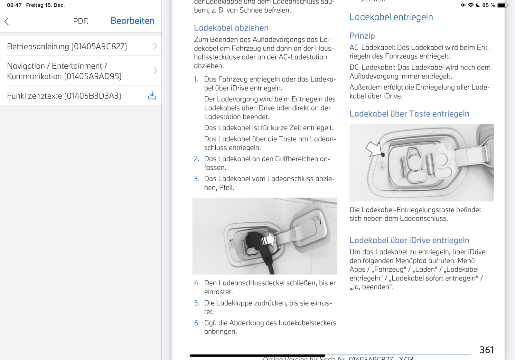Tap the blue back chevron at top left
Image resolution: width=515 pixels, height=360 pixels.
[x=6, y=21]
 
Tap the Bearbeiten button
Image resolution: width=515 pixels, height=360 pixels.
[x=132, y=21]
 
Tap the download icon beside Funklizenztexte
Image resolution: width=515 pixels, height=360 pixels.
[x=152, y=96]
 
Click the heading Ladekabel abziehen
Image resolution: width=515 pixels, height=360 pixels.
[x=231, y=28]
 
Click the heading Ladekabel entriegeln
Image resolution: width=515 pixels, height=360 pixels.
[x=391, y=17]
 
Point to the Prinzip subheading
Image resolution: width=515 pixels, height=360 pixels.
[x=362, y=36]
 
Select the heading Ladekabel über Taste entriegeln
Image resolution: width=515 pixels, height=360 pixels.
[x=409, y=114]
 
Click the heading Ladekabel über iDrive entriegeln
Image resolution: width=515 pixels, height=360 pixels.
[x=409, y=240]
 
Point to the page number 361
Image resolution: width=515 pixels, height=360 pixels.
[x=486, y=350]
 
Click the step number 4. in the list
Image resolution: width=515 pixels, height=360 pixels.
[x=197, y=283]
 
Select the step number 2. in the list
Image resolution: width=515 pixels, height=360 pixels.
[x=197, y=159]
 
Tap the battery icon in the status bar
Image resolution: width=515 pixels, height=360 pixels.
[x=502, y=5]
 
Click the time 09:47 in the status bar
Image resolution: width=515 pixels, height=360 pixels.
[x=14, y=5]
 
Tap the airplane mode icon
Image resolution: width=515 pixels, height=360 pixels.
[x=463, y=5]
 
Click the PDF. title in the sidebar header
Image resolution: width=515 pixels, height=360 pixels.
[x=80, y=21]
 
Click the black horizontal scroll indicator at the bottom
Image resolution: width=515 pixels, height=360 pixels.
[x=257, y=355]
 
